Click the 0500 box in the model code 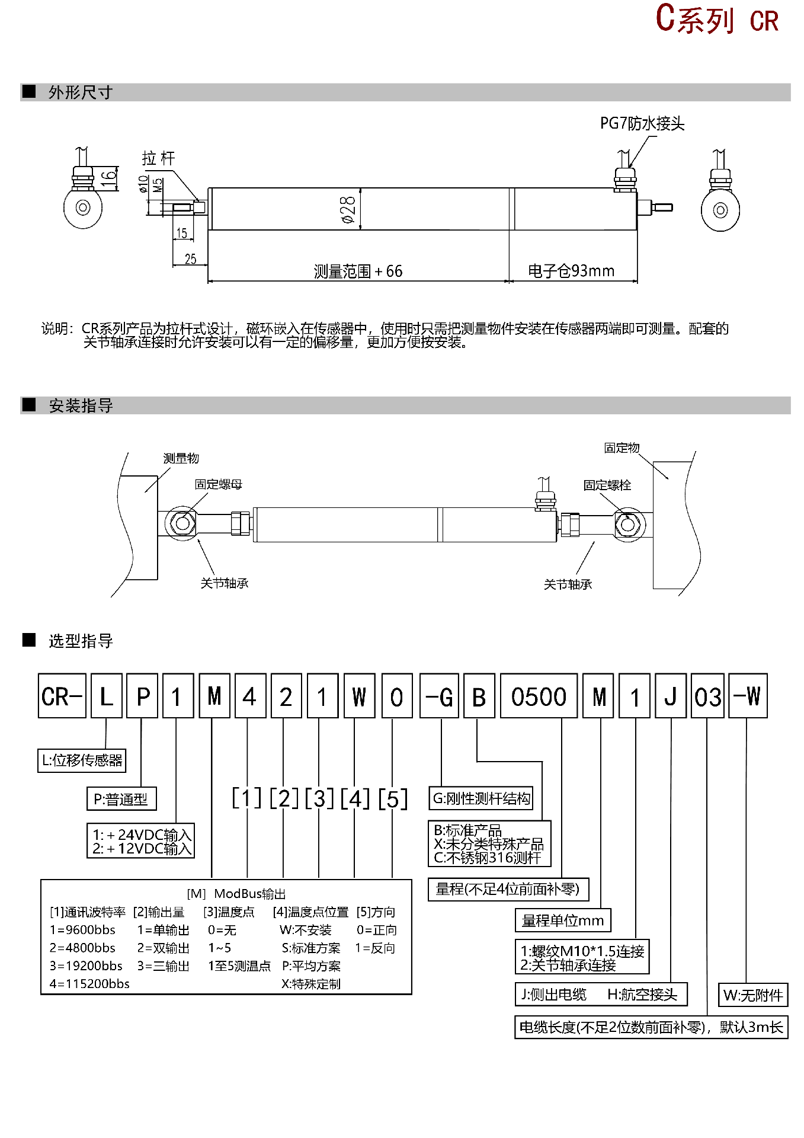pyautogui.click(x=539, y=696)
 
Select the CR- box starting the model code pyautogui.click(x=62, y=696)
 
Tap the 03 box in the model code pyautogui.click(x=707, y=696)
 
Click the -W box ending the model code pyautogui.click(x=748, y=696)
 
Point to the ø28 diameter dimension pyautogui.click(x=348, y=210)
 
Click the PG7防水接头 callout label pyautogui.click(x=642, y=123)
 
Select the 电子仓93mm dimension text pyautogui.click(x=571, y=271)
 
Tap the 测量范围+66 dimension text pyautogui.click(x=358, y=271)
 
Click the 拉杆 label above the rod pyautogui.click(x=158, y=158)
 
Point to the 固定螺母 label pyautogui.click(x=219, y=484)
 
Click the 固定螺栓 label pyautogui.click(x=607, y=485)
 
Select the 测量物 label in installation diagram pyautogui.click(x=181, y=458)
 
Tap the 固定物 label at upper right pyautogui.click(x=622, y=447)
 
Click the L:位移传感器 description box pyautogui.click(x=82, y=760)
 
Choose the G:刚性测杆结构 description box pyautogui.click(x=481, y=798)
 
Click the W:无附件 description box pyautogui.click(x=753, y=995)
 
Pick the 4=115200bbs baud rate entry pyautogui.click(x=89, y=984)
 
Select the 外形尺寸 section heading pyautogui.click(x=81, y=92)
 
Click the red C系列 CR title pyautogui.click(x=716, y=20)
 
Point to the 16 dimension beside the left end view pyautogui.click(x=108, y=177)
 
